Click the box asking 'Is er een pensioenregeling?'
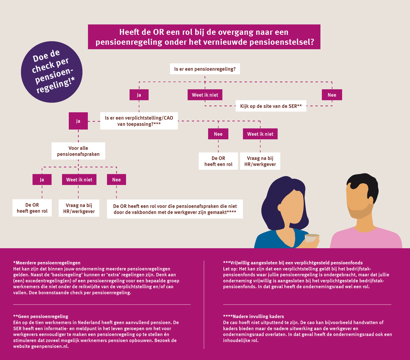coord(205,69)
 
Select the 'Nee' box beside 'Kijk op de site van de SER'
coord(332,95)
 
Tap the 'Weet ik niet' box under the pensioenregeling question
coord(205,95)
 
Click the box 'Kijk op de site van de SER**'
coord(271,106)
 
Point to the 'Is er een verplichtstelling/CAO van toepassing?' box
coord(139,121)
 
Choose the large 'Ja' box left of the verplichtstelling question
coord(78,121)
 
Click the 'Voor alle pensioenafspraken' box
coord(78,151)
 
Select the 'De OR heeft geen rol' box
coord(32,208)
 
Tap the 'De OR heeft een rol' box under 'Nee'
coord(218,161)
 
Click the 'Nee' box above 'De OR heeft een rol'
coord(218,134)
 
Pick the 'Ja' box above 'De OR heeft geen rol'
coord(42,179)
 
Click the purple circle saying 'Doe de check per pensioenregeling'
coord(51,72)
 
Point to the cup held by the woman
coord(312,238)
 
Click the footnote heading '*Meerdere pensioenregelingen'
coord(47,263)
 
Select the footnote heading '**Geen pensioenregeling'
coord(41,316)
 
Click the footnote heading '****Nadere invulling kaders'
coord(253,316)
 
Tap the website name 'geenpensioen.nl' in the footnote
coord(50,346)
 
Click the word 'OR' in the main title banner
coord(158,32)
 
